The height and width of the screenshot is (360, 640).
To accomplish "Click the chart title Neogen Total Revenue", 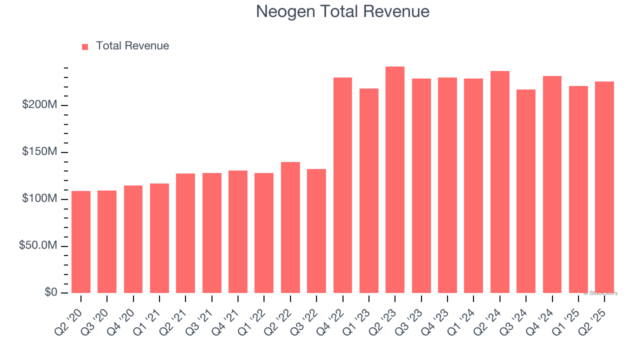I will coord(342,11).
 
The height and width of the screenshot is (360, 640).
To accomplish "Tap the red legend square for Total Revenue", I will coord(85,46).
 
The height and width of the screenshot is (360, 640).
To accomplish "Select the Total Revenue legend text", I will coord(132,46).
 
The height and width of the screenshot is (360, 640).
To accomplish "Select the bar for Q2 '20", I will coord(81,242).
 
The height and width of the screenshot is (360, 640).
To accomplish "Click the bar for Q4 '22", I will coord(342,185).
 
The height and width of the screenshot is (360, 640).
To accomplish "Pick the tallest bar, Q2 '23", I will coord(395,180).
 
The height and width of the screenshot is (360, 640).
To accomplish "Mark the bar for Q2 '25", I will coord(604,187).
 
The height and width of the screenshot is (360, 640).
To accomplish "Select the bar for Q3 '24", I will coord(526,191).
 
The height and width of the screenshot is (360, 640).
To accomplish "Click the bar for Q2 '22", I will coord(290,227).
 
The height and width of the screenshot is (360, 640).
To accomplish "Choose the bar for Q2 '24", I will coord(500,182).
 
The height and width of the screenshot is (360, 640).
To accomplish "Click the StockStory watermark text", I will coord(600,293).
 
